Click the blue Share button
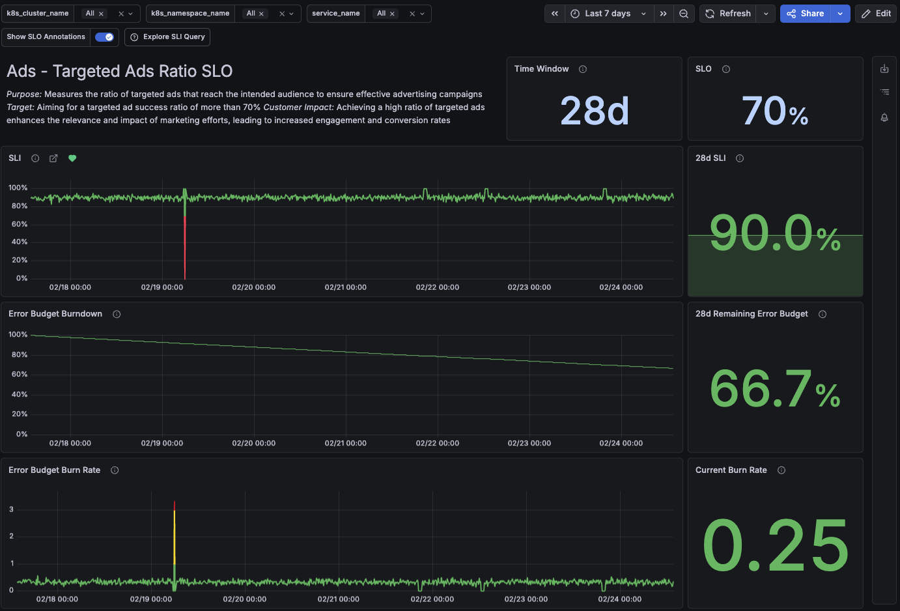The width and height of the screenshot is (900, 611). pos(806,14)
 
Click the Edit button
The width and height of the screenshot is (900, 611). pos(877,14)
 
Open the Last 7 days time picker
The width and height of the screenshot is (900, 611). pos(608,14)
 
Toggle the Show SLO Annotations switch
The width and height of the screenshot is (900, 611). pos(104,37)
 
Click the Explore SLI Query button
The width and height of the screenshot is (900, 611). pos(168,37)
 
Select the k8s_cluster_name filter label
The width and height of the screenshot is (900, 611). pos(38,14)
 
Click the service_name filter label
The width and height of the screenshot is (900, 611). pos(336,14)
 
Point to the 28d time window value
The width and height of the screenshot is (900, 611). pos(595,111)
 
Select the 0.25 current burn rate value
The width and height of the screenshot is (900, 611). pos(775,546)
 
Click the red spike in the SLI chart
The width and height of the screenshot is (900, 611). pos(185,248)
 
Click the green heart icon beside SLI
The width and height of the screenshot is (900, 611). pos(72,158)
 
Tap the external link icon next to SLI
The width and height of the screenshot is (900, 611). pos(53,158)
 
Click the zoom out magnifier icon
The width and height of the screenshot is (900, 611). pos(684,14)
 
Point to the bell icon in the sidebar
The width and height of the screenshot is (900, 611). pos(884,118)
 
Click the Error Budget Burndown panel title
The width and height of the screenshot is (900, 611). pos(55,314)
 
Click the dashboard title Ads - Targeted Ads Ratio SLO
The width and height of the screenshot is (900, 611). pos(120,71)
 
